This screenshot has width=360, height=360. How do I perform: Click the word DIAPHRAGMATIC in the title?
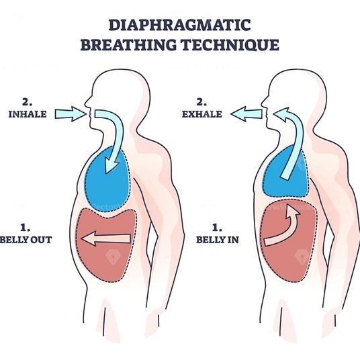[179, 25]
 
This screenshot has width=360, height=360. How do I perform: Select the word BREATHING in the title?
[128, 45]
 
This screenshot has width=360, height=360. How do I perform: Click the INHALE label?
[28, 114]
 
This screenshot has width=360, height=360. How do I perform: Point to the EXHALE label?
[202, 114]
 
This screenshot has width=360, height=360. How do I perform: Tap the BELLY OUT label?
[26, 240]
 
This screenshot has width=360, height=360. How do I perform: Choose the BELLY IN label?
[218, 240]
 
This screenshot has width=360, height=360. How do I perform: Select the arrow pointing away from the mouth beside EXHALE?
[246, 114]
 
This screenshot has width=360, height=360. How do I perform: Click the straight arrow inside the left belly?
[106, 238]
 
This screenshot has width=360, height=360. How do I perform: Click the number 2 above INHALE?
[27, 102]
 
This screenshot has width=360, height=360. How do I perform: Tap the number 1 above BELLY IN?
[216, 228]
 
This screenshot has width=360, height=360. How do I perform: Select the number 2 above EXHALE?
[201, 102]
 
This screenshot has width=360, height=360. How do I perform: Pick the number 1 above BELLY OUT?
[25, 228]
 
